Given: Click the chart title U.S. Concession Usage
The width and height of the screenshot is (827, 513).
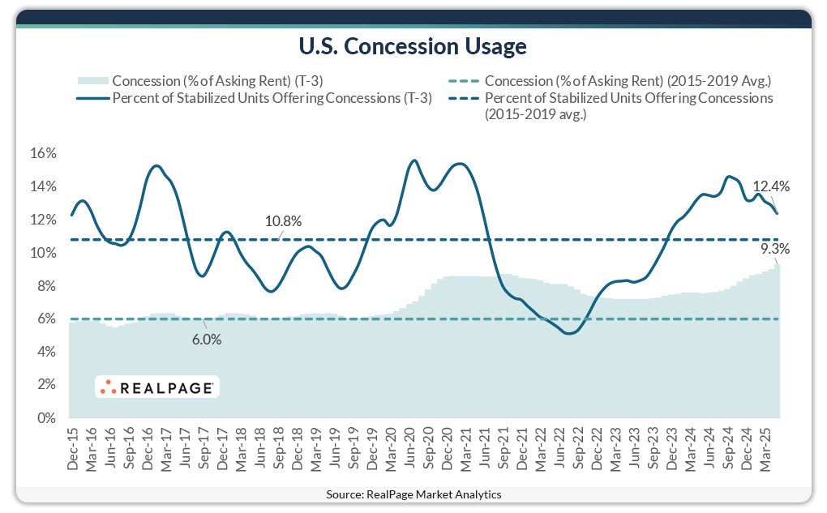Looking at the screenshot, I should pyautogui.click(x=413, y=47).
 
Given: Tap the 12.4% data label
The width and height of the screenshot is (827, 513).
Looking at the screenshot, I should pyautogui.click(x=771, y=186).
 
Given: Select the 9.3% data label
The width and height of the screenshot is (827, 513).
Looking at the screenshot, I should pyautogui.click(x=775, y=249).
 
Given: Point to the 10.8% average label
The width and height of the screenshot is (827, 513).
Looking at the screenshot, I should pyautogui.click(x=284, y=220).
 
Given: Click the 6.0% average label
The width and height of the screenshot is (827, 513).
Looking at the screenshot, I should pyautogui.click(x=207, y=340).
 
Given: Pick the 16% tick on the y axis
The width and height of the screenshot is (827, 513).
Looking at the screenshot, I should pyautogui.click(x=44, y=153).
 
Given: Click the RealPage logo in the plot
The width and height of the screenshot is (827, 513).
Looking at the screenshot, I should pyautogui.click(x=156, y=388).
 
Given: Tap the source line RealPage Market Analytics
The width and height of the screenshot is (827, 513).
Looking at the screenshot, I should pyautogui.click(x=413, y=494).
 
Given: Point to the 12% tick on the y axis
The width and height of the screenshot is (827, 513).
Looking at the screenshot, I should pyautogui.click(x=44, y=220).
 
